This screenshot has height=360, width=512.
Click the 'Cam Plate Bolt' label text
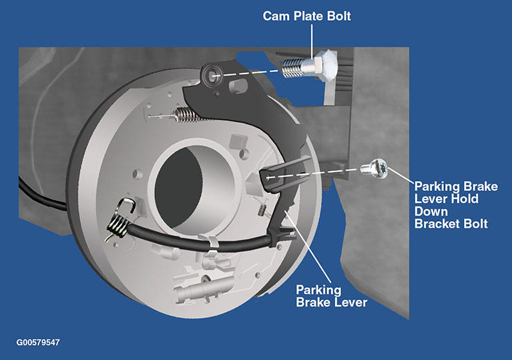306,16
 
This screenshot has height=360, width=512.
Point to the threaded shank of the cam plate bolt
293,68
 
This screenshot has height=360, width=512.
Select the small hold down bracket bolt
374,168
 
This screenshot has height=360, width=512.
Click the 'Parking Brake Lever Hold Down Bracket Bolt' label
456,205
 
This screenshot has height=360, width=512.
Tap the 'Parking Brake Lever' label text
331,296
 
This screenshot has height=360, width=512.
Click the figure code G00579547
38,343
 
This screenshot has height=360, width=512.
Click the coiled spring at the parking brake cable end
117,226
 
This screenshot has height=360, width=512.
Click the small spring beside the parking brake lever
262,210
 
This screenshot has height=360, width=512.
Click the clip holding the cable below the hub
210,243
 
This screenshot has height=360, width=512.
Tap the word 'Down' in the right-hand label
431,211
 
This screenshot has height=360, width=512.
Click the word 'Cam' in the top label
276,16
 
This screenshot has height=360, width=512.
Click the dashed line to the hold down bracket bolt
314,174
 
